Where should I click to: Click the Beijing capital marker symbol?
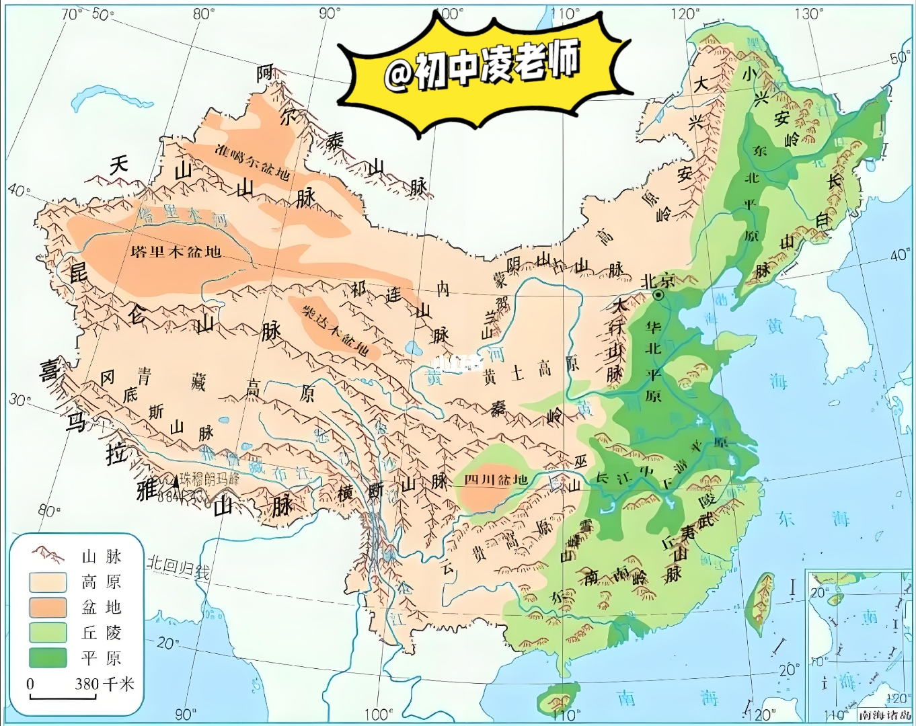[660, 294]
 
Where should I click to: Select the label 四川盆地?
[496, 479]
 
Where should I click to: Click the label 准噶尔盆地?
[253, 161]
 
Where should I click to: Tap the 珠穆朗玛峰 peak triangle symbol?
[176, 481]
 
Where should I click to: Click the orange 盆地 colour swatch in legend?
[47, 607]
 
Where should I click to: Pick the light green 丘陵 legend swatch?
[47, 632]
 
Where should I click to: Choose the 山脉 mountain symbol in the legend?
[47, 555]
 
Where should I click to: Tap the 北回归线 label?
[178, 568]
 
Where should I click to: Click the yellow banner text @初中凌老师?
[482, 67]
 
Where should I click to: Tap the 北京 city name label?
[658, 280]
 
